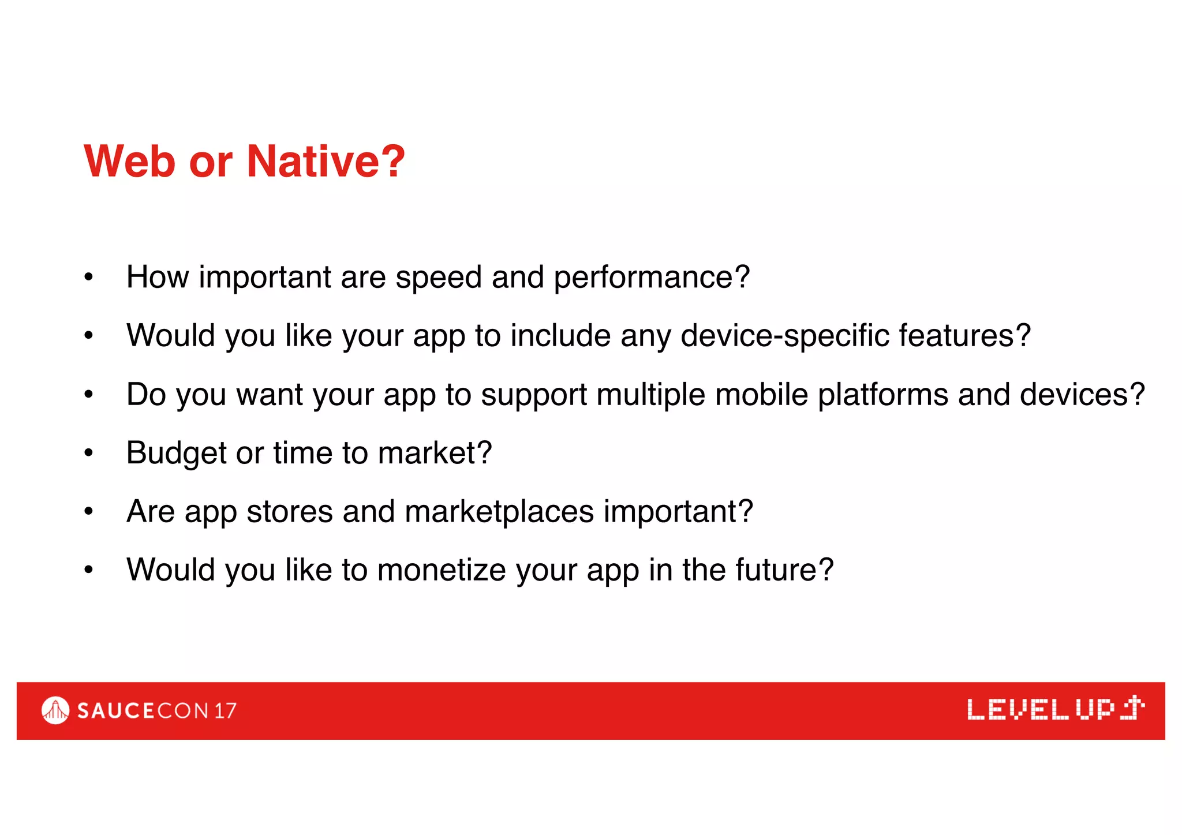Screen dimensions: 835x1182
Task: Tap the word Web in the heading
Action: (x=130, y=161)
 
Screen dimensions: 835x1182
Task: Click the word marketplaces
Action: (x=499, y=512)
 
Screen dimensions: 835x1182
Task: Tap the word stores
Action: (x=290, y=512)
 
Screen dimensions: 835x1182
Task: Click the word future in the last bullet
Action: (x=776, y=570)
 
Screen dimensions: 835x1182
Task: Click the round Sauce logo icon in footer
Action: (x=55, y=710)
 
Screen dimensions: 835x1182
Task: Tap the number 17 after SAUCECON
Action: (x=226, y=711)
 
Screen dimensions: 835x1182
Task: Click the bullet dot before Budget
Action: (x=88, y=454)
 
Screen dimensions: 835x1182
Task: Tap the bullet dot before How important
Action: (x=88, y=278)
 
